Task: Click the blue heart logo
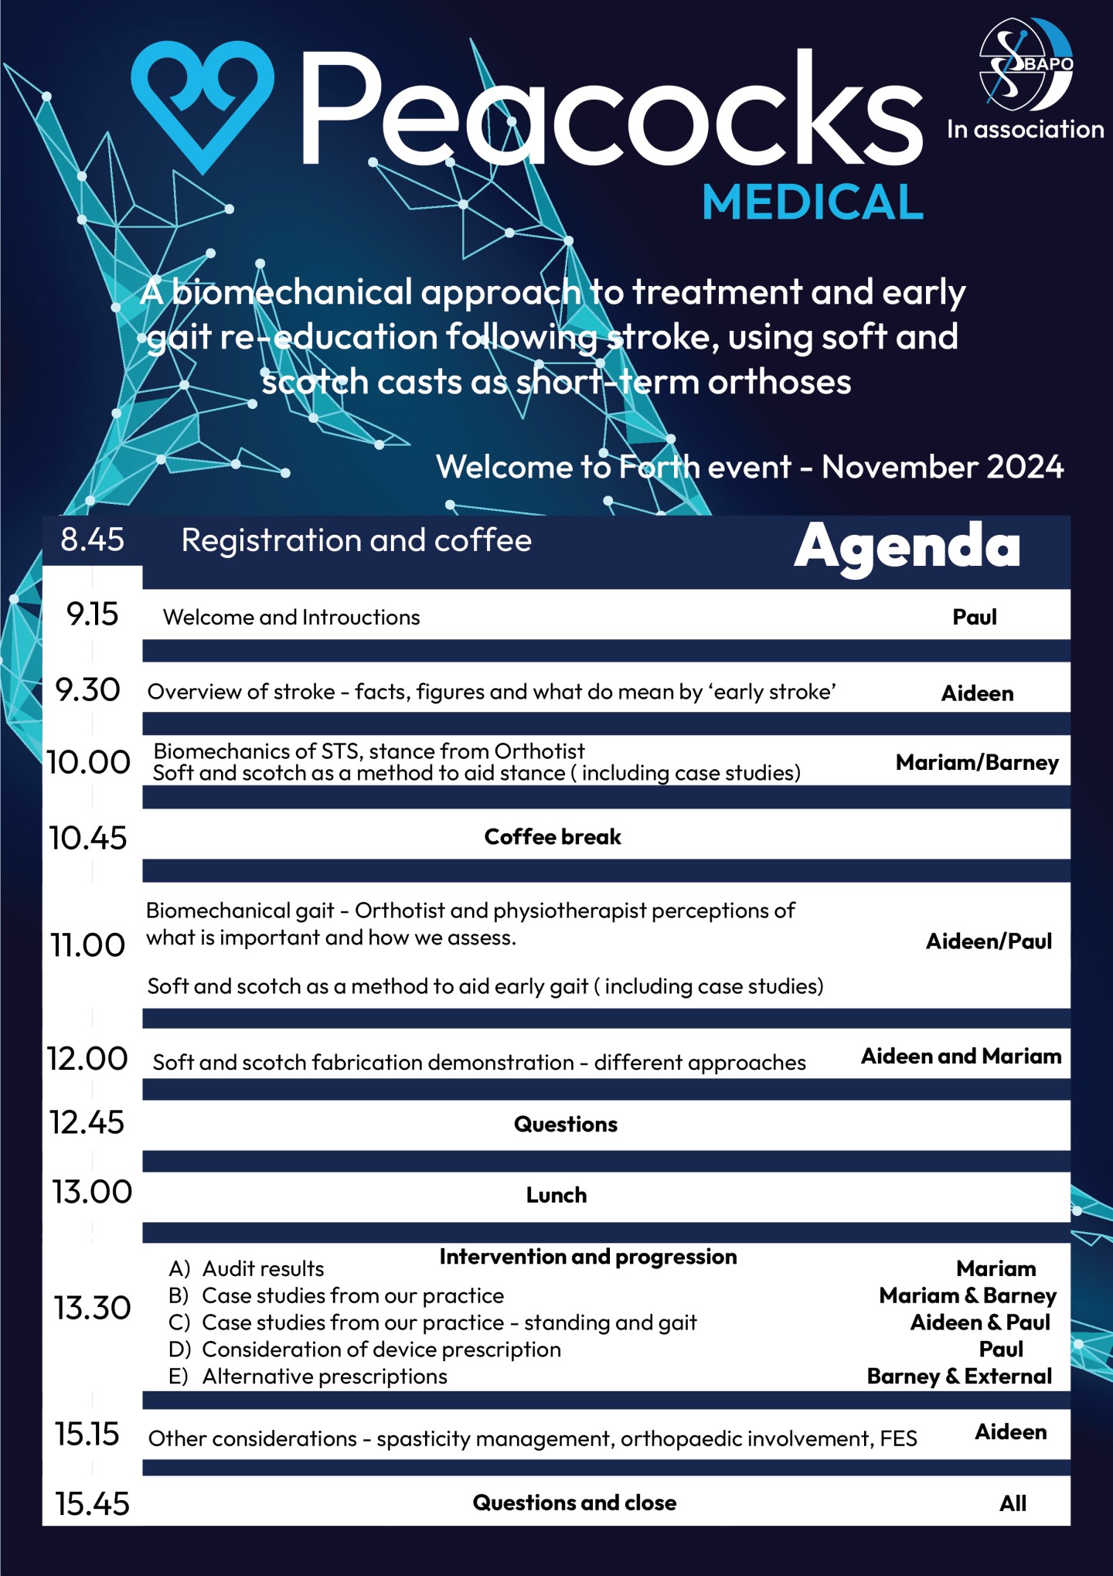203,104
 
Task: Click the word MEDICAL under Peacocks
812,203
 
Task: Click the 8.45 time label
92,540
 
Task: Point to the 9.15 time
92,614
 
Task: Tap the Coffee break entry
552,836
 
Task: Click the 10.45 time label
88,838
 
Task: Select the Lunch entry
556,1195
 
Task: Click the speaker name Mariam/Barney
977,762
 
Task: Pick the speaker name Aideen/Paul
989,941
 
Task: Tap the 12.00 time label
87,1059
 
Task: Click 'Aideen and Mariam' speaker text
961,1056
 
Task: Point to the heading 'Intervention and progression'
587,1257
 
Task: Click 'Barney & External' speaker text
959,1376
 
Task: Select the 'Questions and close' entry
574,1503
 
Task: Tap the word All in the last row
1013,1503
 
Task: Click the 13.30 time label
92,1308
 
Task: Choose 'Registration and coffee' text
356,540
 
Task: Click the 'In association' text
1026,129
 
